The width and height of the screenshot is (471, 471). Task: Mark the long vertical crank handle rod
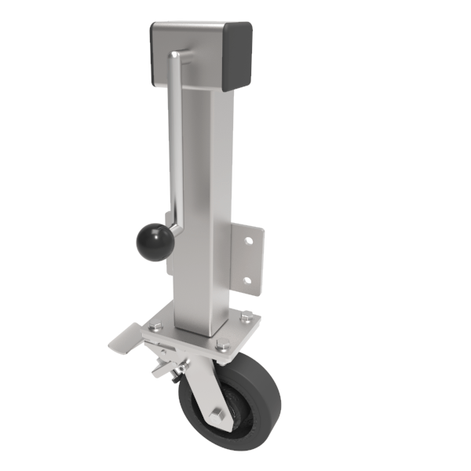click(x=175, y=141)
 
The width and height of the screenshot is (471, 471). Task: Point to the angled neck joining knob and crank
click(x=173, y=232)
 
